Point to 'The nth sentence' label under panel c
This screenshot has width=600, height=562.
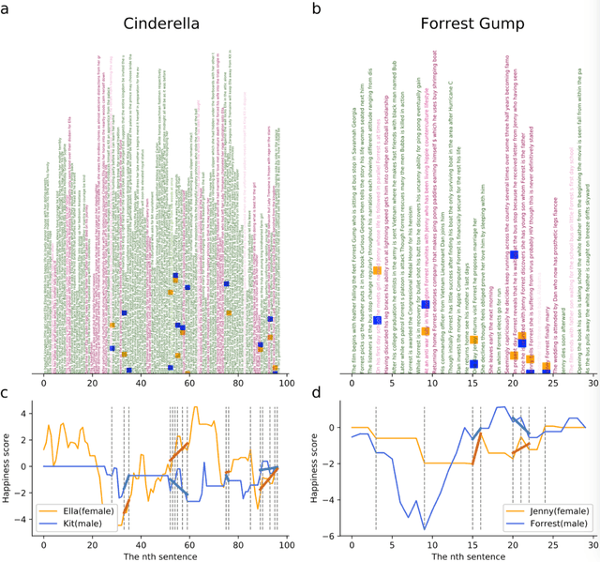click(164, 555)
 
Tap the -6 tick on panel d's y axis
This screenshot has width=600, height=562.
click(335, 537)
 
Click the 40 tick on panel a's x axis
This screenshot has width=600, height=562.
click(141, 384)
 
